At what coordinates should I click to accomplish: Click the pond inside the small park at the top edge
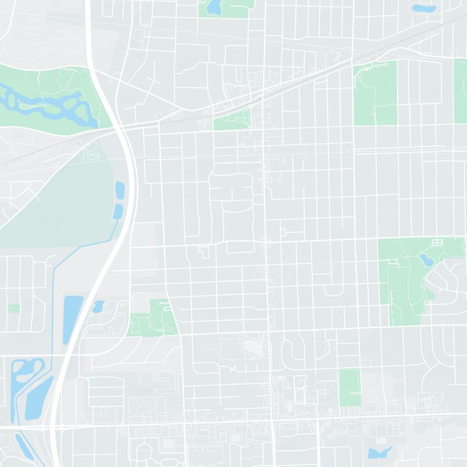point(213,7)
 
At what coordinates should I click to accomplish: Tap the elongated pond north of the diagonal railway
point(421,8)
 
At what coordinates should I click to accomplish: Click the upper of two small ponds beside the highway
point(120,190)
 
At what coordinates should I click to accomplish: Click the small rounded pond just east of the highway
point(98,306)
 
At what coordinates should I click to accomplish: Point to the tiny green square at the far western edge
point(13,308)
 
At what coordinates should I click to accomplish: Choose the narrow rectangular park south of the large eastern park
point(350,387)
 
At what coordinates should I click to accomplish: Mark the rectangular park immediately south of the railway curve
point(375,93)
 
